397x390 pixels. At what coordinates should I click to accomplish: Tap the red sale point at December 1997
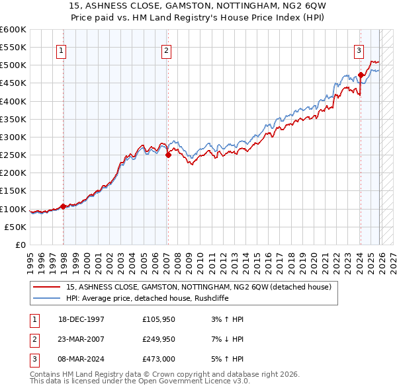(x=64, y=206)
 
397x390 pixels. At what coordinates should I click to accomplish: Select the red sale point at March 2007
(x=168, y=155)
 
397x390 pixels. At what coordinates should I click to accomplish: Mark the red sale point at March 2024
(x=361, y=75)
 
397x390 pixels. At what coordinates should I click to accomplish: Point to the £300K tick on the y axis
(x=13, y=137)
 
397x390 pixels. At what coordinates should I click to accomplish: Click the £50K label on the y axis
(x=16, y=227)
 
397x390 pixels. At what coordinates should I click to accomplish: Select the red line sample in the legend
(x=48, y=287)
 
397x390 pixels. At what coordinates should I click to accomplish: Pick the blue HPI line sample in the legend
(x=48, y=298)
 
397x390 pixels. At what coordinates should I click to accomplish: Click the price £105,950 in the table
(x=159, y=319)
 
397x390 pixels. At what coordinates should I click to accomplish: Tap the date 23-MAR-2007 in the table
(x=82, y=338)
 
